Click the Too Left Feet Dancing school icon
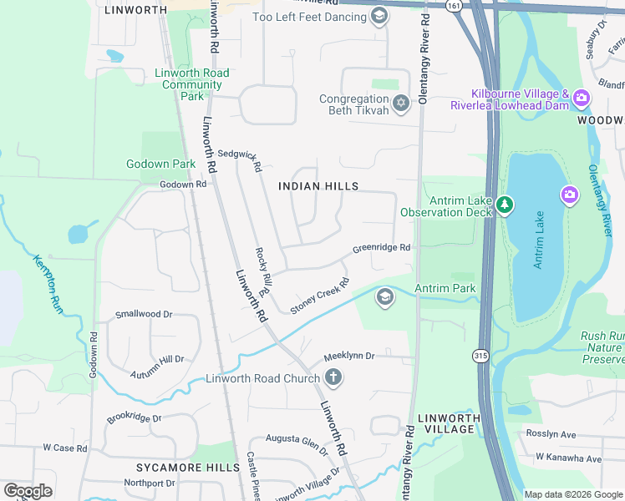[x=379, y=16]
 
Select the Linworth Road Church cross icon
[x=333, y=378]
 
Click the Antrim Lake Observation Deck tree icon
[x=504, y=205]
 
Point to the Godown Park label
[x=160, y=164]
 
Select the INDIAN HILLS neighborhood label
[x=318, y=186]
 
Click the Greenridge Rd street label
[x=381, y=248]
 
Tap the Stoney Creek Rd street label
[x=319, y=296]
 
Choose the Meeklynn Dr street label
[x=349, y=357]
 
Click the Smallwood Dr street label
[x=143, y=315]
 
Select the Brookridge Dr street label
[x=133, y=417]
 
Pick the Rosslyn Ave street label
[x=551, y=434]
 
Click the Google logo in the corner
[x=28, y=491]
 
